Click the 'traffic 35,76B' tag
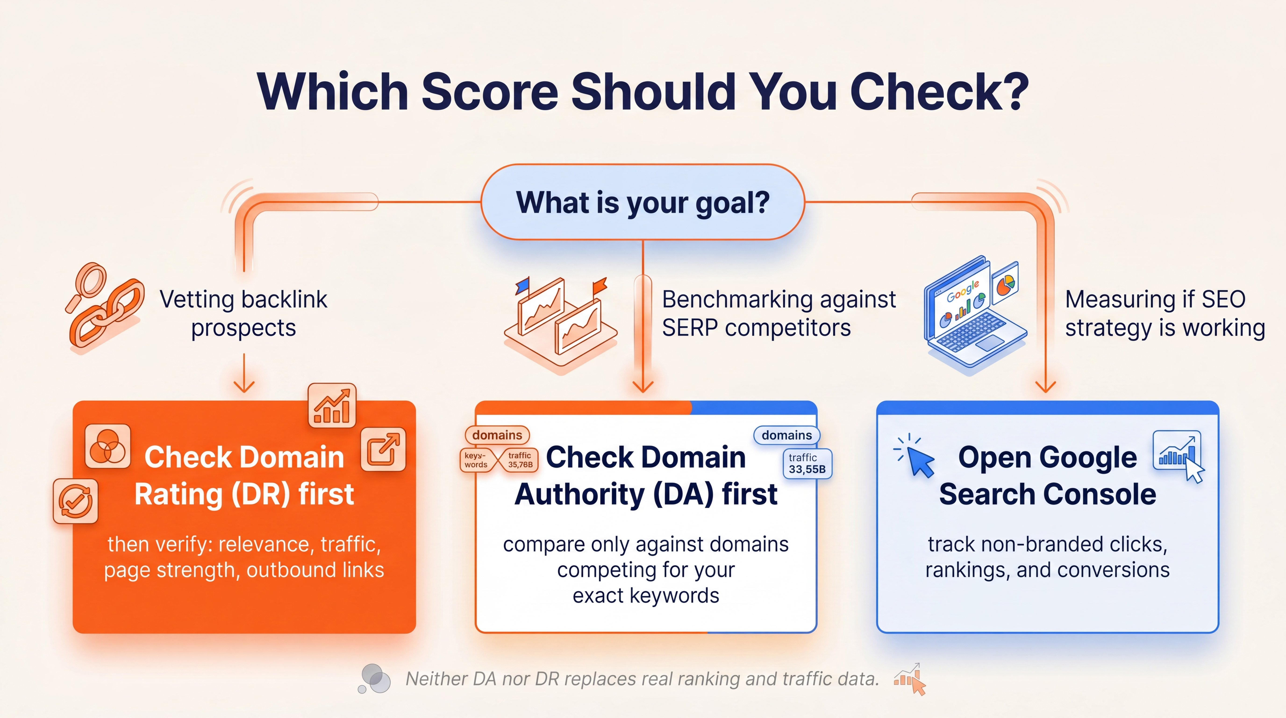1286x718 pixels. tap(520, 460)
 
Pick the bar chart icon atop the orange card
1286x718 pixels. tap(332, 406)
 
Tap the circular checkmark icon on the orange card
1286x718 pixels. tap(75, 501)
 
